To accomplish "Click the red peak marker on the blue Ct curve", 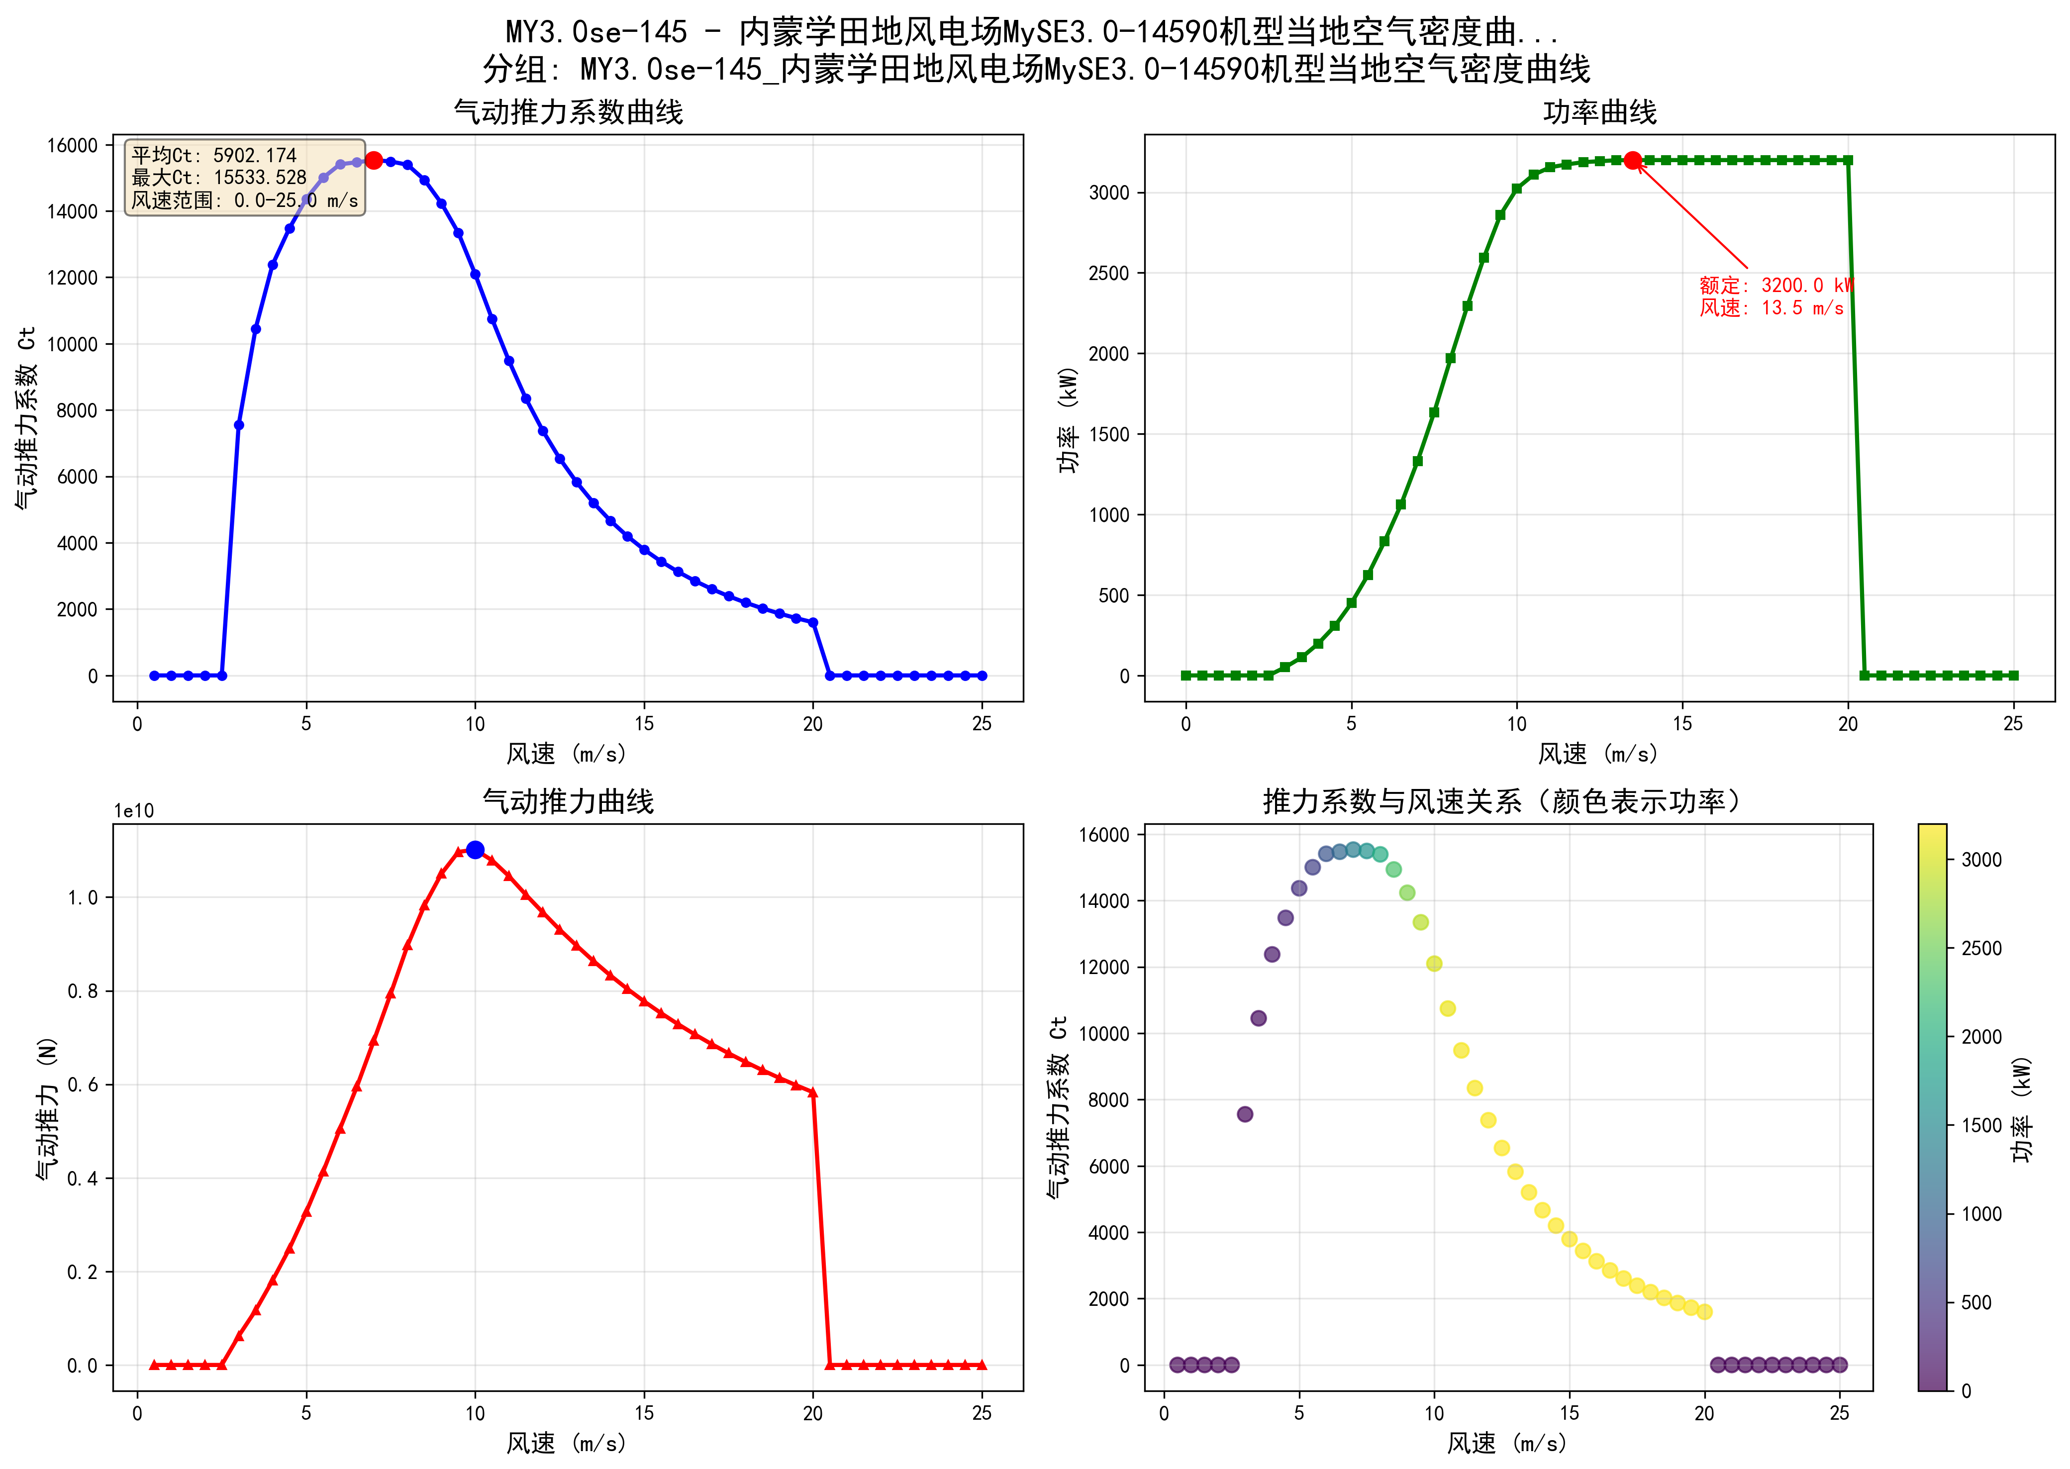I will click(x=374, y=160).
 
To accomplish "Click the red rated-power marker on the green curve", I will click(x=1632, y=160).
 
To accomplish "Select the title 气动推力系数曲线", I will click(x=568, y=112).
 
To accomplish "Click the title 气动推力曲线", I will click(x=568, y=801).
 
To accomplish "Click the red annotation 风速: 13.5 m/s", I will click(x=1771, y=307).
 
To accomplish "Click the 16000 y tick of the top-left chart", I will click(x=72, y=146).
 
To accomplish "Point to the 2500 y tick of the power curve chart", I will click(x=1109, y=273).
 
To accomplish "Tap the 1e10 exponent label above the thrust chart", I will click(x=134, y=810).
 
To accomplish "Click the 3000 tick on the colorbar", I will click(x=1980, y=860).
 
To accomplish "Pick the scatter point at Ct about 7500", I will click(x=1244, y=1114).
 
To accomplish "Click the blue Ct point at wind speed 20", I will click(x=813, y=622).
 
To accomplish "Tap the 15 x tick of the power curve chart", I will click(x=1682, y=724).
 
